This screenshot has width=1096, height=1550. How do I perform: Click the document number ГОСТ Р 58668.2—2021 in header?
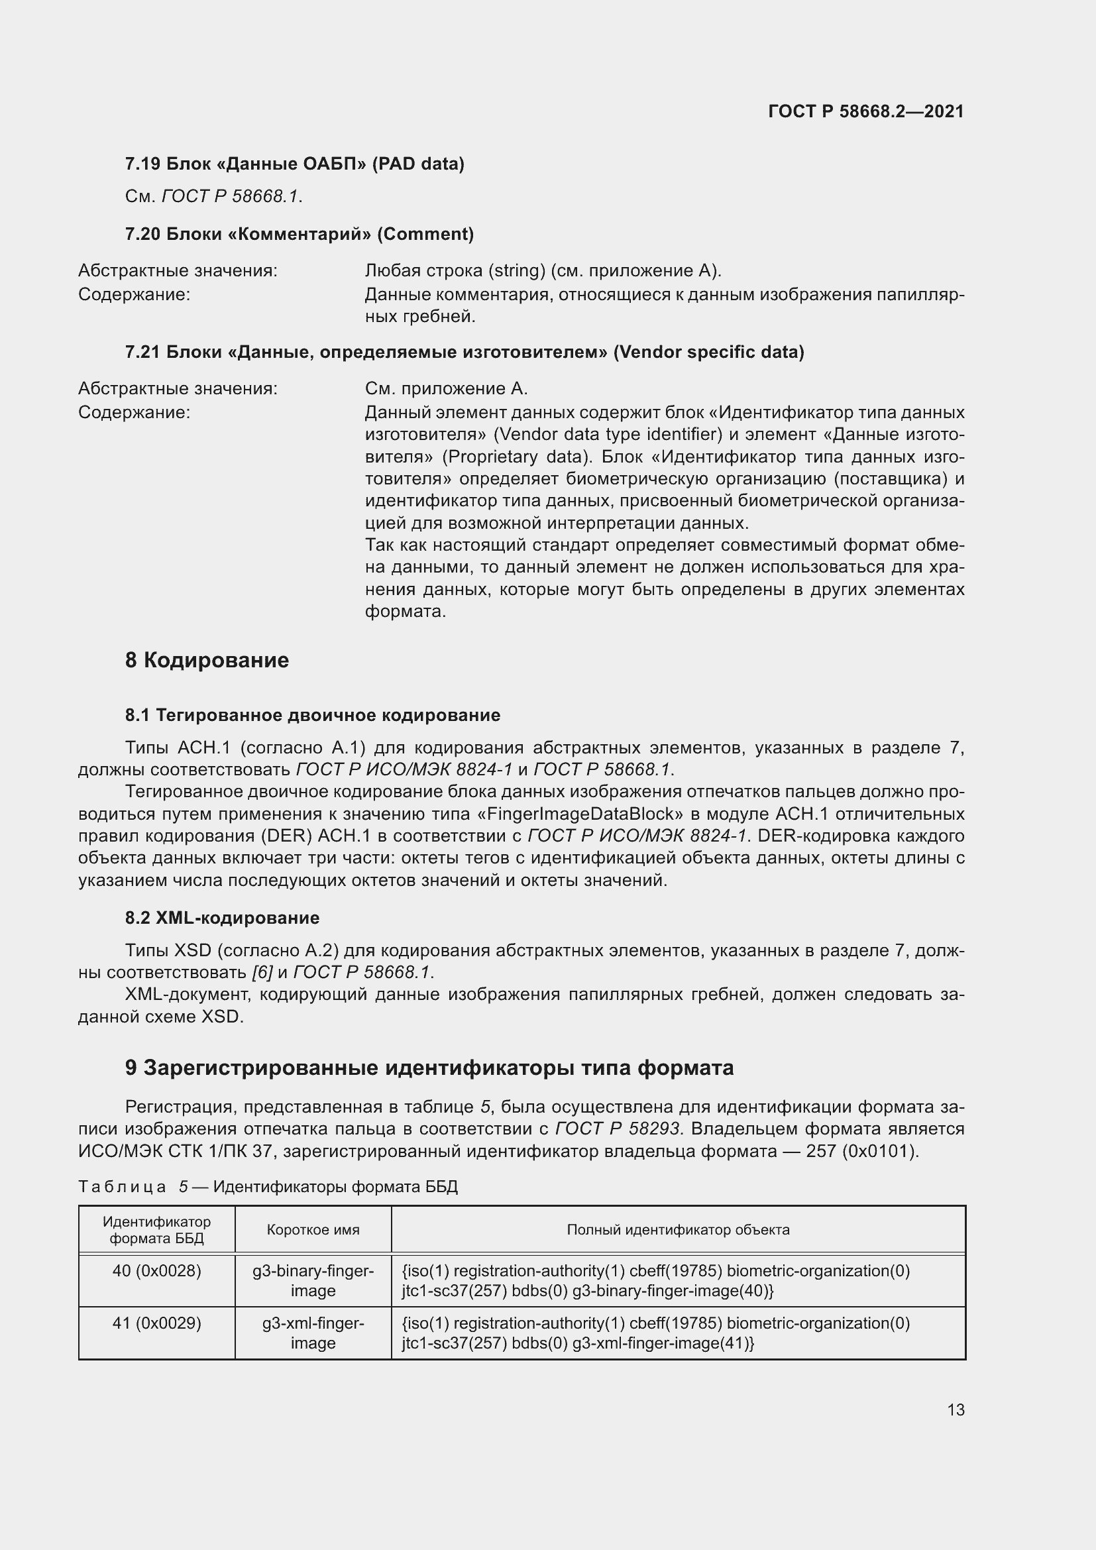click(x=866, y=111)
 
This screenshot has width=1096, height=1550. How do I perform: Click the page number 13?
click(x=956, y=1410)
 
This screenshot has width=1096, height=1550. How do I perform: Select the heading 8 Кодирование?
click(x=207, y=660)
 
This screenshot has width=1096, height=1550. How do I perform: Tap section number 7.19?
click(x=142, y=164)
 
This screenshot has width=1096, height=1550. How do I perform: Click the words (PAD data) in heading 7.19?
click(x=418, y=164)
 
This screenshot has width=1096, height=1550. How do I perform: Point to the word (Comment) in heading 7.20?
click(x=425, y=234)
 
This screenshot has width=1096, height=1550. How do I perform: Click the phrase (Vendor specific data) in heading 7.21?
click(x=708, y=353)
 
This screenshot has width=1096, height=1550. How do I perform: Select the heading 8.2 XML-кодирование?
click(x=222, y=918)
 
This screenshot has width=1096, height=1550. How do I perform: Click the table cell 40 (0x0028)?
click(x=156, y=1271)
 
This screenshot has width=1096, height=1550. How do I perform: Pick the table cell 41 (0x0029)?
click(x=156, y=1323)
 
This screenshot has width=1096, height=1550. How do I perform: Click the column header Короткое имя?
click(x=313, y=1230)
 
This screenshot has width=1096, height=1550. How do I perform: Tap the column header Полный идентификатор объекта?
click(x=678, y=1230)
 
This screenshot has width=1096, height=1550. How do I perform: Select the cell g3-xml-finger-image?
click(x=313, y=1333)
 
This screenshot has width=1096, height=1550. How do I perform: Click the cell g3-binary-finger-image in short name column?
click(x=313, y=1281)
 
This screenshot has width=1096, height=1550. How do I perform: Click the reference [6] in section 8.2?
click(x=262, y=973)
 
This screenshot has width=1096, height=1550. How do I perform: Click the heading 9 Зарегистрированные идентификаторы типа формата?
click(x=429, y=1068)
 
